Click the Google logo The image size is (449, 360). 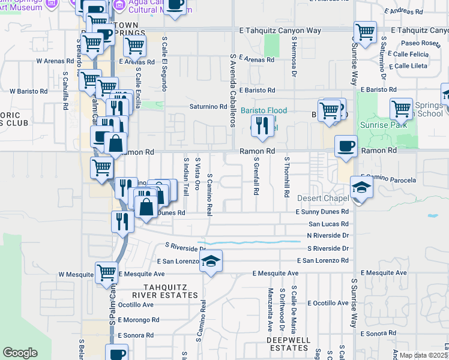click(x=20, y=353)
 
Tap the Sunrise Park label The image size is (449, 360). click(x=384, y=125)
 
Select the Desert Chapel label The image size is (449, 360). click(x=323, y=198)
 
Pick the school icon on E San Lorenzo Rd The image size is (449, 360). click(x=211, y=262)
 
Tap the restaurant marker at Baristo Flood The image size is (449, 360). click(x=260, y=125)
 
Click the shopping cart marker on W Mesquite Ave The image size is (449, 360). click(x=106, y=272)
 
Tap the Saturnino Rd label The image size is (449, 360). click(x=208, y=107)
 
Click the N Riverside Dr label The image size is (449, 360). click(x=327, y=236)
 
